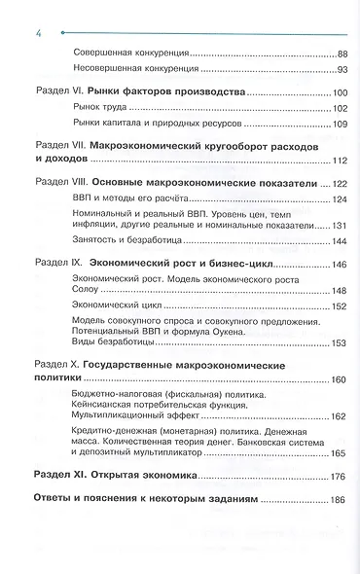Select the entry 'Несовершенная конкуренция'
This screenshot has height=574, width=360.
[137, 70]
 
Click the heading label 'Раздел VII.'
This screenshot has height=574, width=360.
[61, 144]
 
